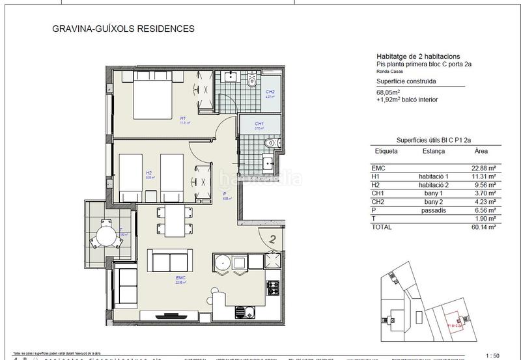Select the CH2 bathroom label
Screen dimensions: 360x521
(x=270, y=92)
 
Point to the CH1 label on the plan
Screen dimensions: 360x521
(x=259, y=124)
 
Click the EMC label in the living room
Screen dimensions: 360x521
(x=181, y=278)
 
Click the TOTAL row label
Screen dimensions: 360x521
(x=381, y=227)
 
